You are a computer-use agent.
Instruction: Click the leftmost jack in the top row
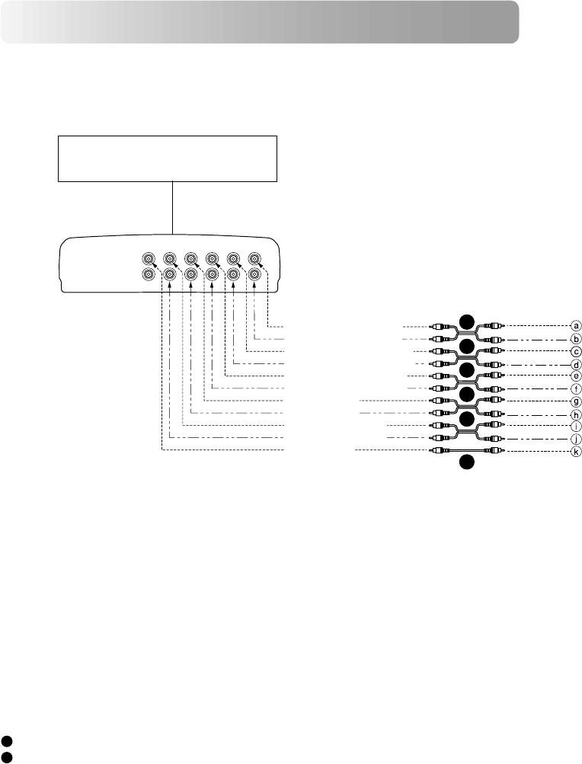coord(149,258)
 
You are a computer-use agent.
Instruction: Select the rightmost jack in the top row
coord(255,258)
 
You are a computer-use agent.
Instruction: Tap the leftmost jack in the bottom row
coord(149,275)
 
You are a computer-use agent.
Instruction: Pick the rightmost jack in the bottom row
coord(255,275)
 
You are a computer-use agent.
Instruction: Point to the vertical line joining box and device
coord(174,208)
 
